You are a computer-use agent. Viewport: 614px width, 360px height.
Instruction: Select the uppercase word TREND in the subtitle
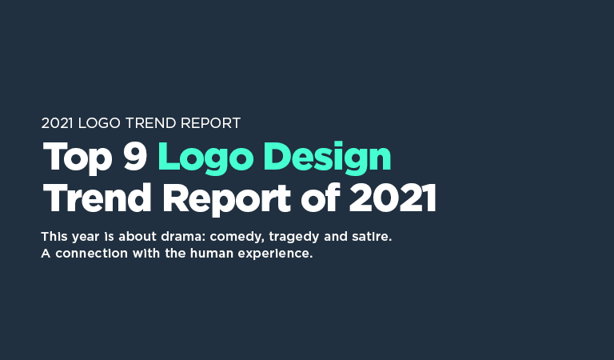click(x=148, y=124)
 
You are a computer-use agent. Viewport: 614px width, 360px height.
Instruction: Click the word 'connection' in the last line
click(x=88, y=254)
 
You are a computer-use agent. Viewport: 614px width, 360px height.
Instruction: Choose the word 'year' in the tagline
click(x=84, y=238)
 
